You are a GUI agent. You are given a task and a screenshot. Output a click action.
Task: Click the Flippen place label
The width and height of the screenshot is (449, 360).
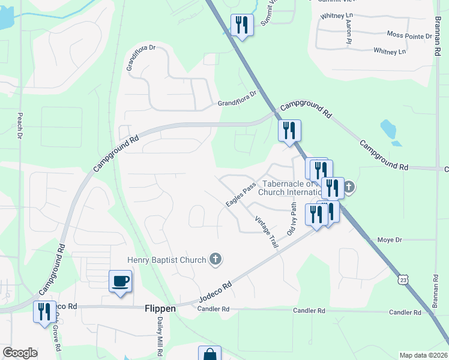160,308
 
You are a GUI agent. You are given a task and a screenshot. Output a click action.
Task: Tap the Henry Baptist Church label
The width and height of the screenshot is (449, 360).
166,260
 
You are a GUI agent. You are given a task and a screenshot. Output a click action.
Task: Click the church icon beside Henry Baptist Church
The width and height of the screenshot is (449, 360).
215,259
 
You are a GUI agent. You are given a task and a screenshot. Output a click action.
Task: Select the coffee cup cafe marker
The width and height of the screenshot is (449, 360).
120,281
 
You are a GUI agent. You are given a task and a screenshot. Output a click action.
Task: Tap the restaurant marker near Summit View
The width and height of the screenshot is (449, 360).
242,25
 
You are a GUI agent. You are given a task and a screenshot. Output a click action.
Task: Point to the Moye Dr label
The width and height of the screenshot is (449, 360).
390,240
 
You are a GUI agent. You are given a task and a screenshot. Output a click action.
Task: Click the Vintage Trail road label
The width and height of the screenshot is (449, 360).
267,232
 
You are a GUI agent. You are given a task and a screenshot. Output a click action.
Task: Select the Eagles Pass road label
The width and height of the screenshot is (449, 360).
241,196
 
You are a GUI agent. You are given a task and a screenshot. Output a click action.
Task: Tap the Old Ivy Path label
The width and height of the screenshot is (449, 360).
292,218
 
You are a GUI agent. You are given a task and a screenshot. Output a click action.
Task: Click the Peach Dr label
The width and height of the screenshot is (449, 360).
20,127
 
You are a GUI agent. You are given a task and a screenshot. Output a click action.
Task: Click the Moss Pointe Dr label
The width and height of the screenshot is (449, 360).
409,36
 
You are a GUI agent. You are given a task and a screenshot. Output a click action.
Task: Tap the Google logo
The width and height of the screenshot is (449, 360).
20,353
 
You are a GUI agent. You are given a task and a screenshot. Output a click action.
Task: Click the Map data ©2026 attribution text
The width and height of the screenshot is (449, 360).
423,355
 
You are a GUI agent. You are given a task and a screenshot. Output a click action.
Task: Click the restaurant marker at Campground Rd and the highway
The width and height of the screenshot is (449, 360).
289,131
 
